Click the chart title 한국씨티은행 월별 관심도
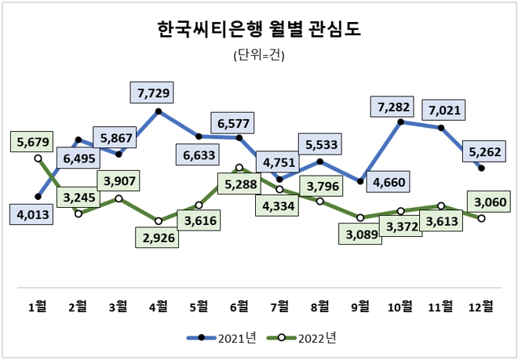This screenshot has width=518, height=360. [x=259, y=31]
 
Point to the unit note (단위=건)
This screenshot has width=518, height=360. [x=259, y=55]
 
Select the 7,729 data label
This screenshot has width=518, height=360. [x=153, y=93]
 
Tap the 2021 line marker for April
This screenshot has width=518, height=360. [x=159, y=111]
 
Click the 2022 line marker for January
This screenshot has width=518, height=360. [x=38, y=158]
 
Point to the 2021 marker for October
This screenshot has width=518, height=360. [x=401, y=122]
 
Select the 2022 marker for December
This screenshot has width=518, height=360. [x=481, y=218]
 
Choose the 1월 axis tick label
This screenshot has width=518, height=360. [x=38, y=306]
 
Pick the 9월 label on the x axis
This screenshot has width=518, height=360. [x=360, y=306]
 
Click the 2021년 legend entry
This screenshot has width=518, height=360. [x=221, y=338]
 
